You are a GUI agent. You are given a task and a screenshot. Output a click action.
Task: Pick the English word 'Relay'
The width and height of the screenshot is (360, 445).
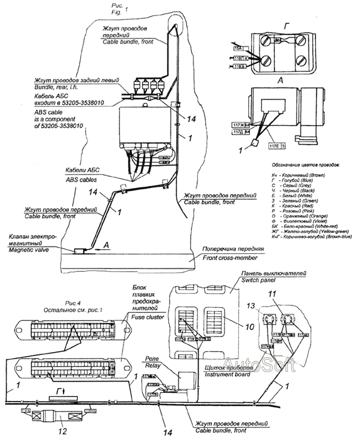152,367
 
